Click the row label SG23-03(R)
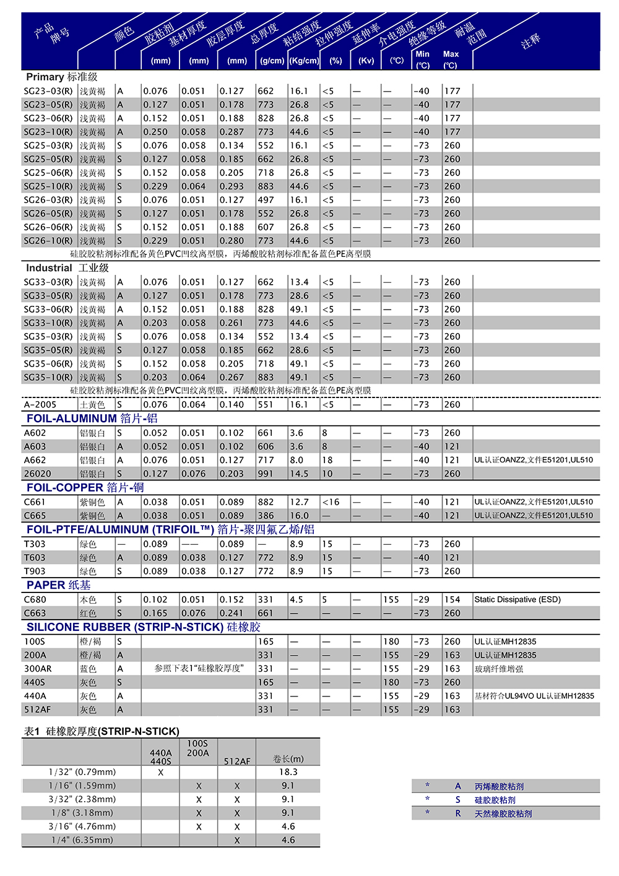(x=48, y=91)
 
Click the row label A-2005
(x=40, y=404)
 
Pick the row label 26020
(x=38, y=474)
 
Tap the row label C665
(x=35, y=516)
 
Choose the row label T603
(x=35, y=558)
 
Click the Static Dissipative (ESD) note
(x=517, y=599)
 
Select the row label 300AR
(x=38, y=669)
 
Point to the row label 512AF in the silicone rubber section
(x=37, y=709)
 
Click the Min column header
(x=423, y=54)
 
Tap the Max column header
(x=451, y=54)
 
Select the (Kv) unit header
(x=366, y=61)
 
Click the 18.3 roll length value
(x=288, y=772)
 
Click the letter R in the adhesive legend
(x=458, y=813)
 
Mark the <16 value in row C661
(x=331, y=502)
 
